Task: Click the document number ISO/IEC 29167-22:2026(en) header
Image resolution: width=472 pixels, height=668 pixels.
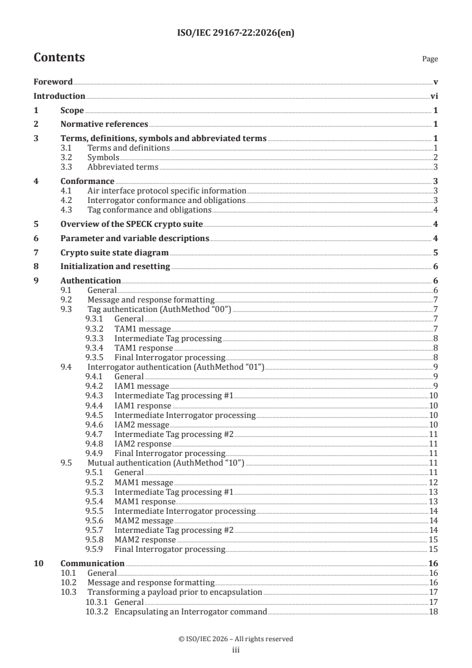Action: tap(236, 33)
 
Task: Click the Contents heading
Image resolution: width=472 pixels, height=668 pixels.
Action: tap(59, 58)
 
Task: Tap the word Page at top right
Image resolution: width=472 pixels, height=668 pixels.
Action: tap(430, 59)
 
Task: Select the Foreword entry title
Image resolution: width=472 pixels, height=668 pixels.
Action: tap(53, 82)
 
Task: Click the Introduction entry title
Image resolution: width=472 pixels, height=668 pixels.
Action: tap(59, 96)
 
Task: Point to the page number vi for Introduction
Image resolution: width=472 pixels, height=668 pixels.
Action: tap(435, 96)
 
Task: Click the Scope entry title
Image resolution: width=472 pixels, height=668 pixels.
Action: tap(72, 110)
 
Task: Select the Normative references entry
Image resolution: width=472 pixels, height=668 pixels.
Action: tap(104, 124)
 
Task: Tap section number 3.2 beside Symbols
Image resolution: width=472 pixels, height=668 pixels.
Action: tap(76, 157)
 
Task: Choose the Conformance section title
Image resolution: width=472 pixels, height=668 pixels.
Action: tap(87, 181)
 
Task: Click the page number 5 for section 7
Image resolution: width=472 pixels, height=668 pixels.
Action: tap(436, 252)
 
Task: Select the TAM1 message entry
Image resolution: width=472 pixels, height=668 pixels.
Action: tap(142, 329)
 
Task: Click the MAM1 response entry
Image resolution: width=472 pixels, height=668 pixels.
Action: tap(145, 501)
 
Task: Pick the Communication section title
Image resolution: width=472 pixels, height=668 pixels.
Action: tap(92, 563)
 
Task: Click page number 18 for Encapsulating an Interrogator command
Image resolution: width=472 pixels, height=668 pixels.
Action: tap(433, 611)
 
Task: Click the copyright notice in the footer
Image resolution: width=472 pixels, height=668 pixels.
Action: tap(236, 639)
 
